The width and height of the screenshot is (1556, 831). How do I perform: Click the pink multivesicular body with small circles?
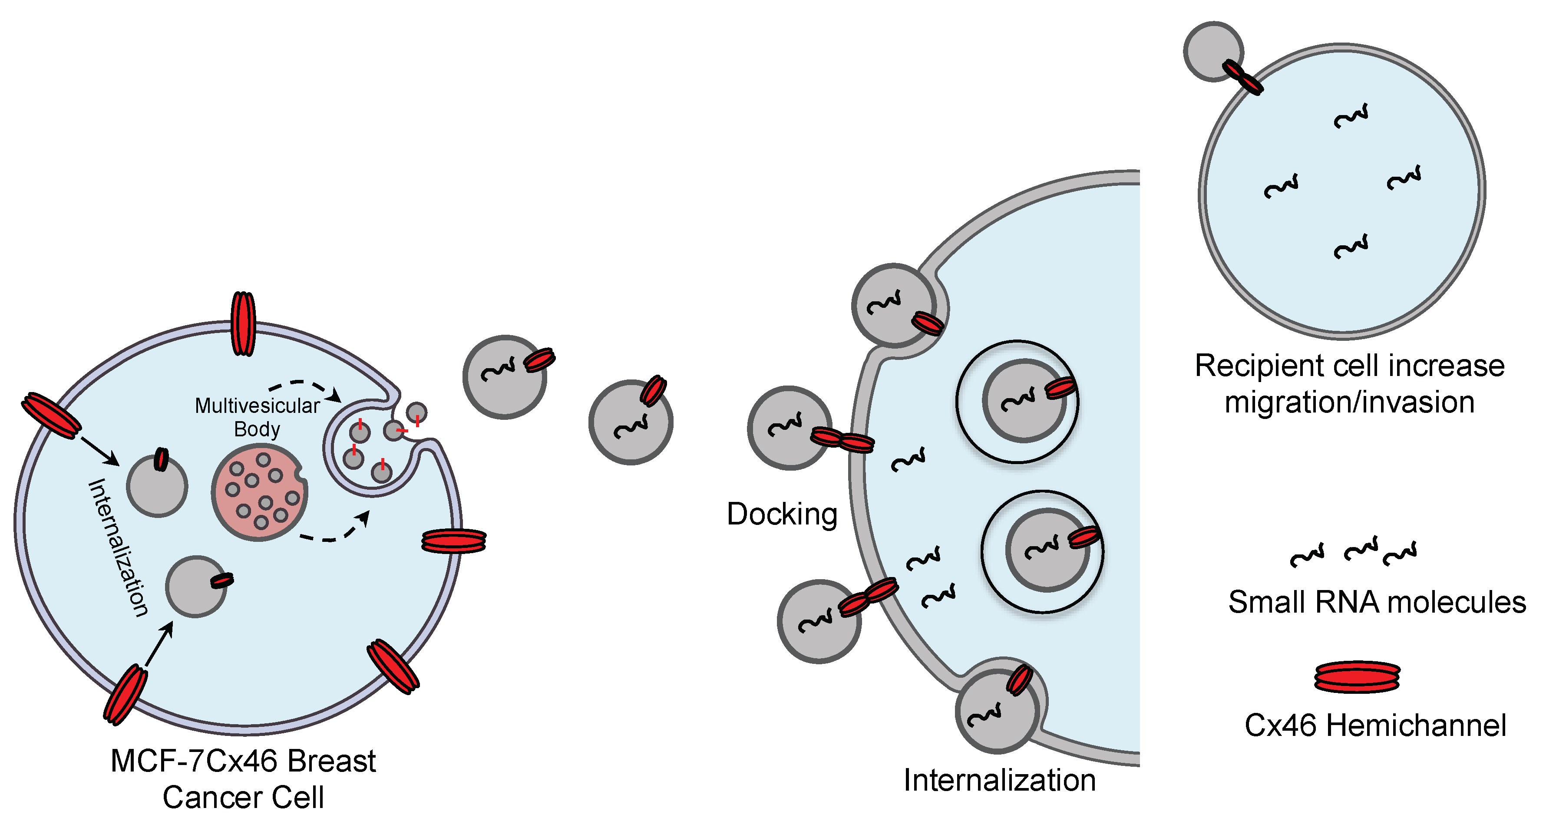click(259, 493)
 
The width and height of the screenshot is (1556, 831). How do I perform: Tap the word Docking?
click(782, 514)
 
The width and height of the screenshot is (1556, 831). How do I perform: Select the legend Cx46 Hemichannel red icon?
click(1357, 676)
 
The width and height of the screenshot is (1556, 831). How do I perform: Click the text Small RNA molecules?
click(1377, 602)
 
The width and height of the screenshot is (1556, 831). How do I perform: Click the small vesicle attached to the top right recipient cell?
click(1212, 51)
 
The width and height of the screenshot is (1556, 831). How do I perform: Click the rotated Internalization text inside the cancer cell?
click(118, 547)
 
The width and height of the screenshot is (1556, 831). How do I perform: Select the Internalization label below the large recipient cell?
click(999, 780)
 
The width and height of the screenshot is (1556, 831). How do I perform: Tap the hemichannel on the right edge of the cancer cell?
click(454, 541)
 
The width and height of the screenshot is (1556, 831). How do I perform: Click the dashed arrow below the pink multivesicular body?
click(335, 531)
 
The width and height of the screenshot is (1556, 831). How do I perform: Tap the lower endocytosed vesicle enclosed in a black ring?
click(1046, 550)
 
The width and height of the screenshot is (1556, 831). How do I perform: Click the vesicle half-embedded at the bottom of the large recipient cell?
click(996, 712)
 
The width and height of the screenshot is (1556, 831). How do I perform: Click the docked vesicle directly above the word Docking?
click(788, 428)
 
